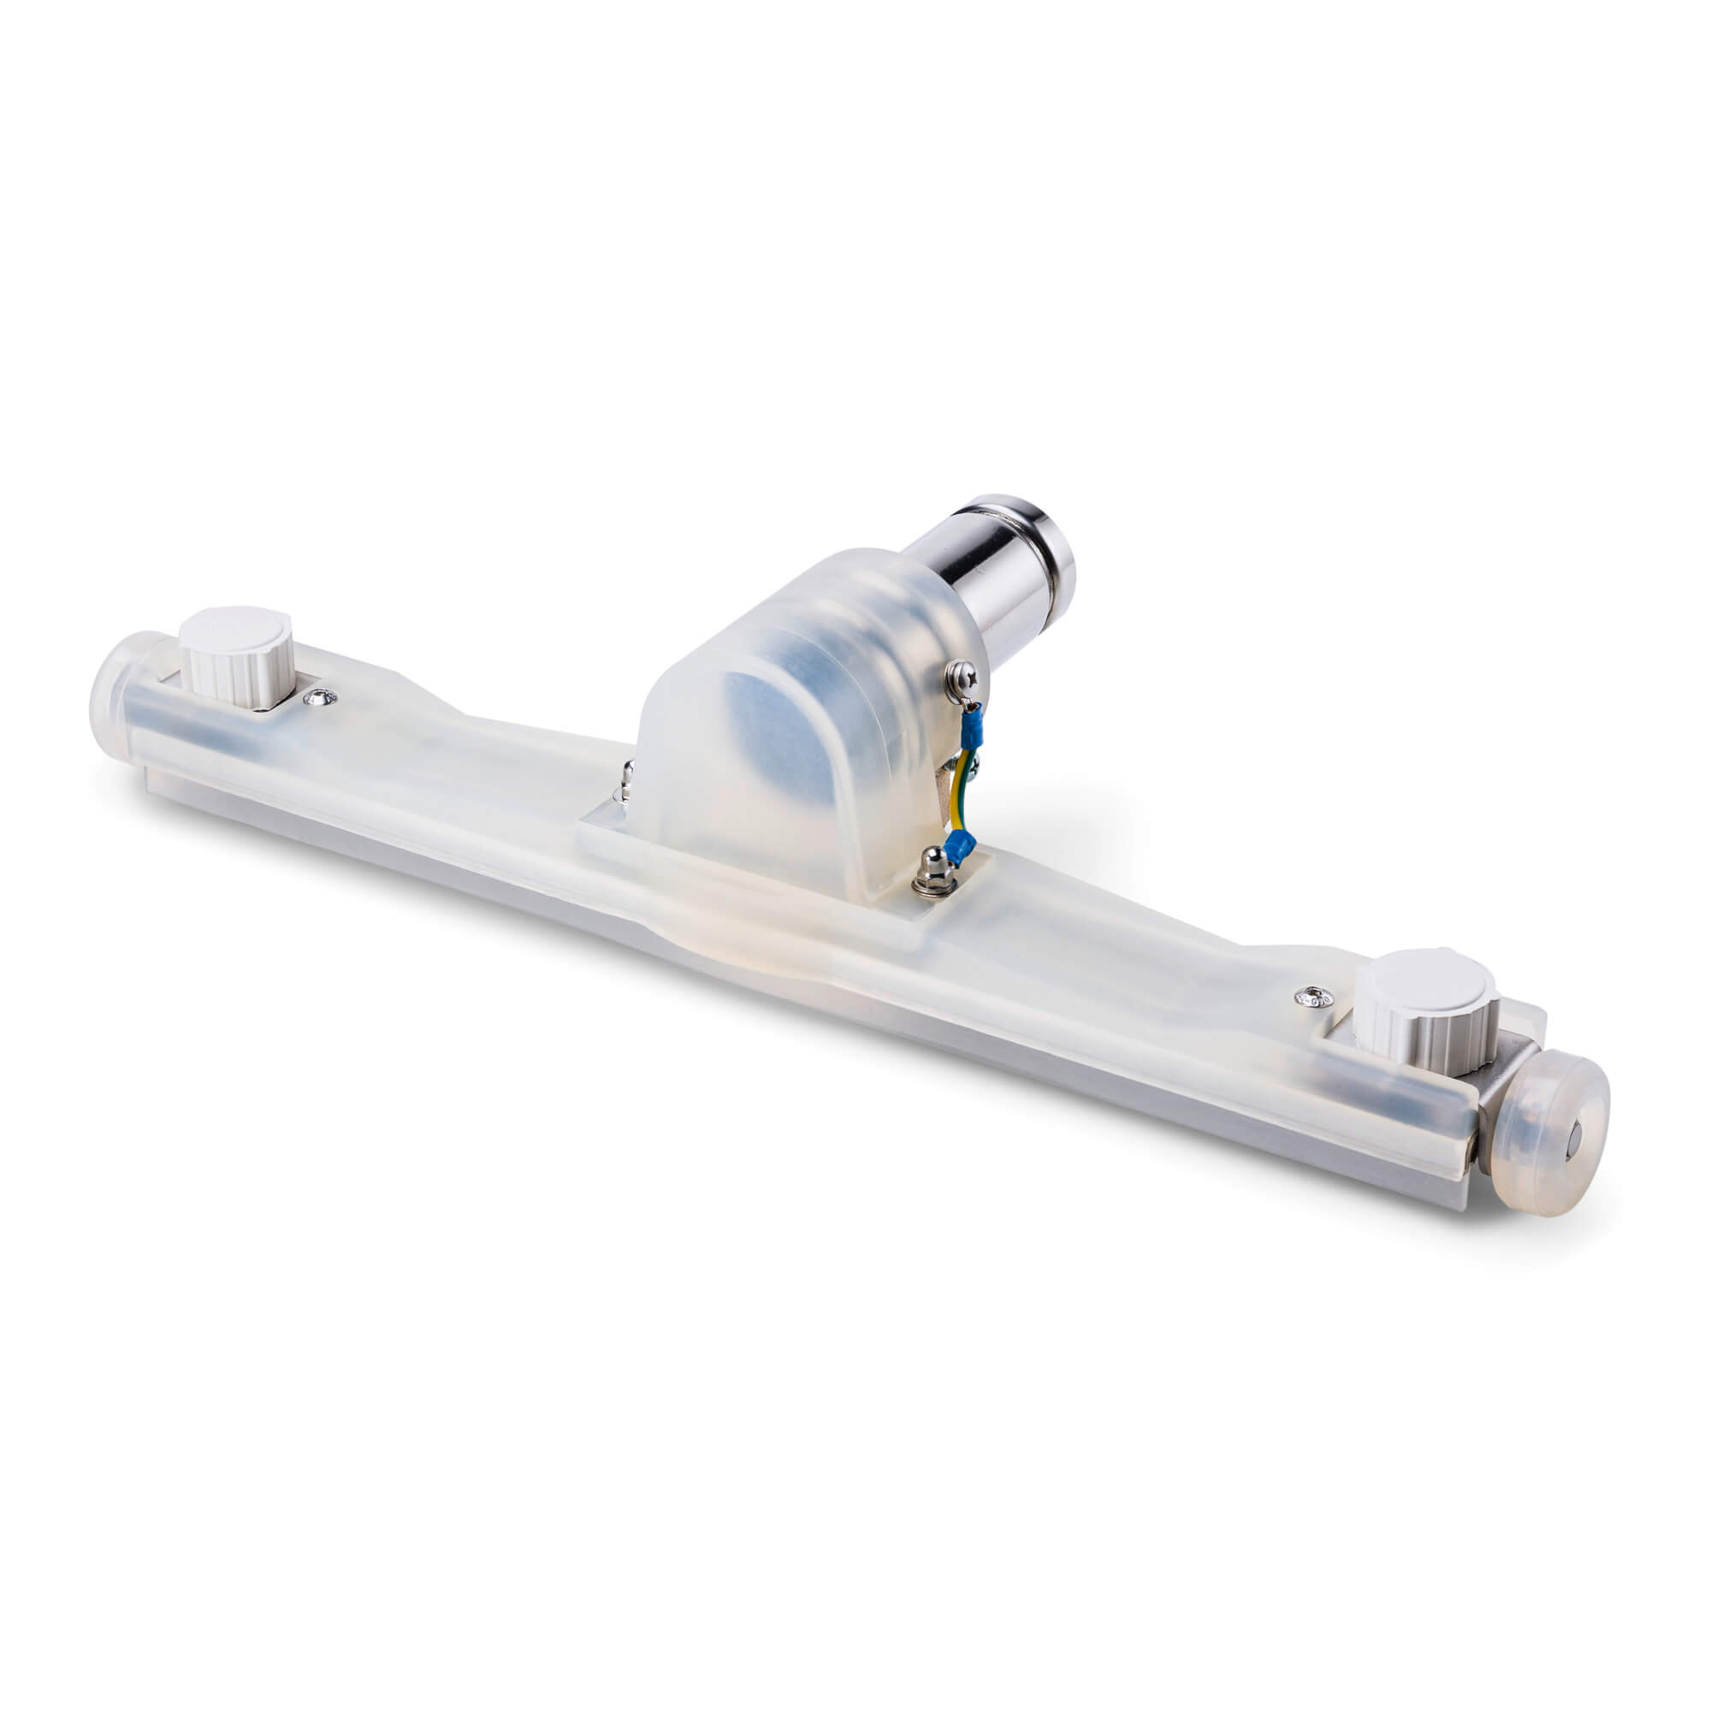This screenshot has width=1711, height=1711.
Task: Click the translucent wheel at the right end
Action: tap(1550, 1133)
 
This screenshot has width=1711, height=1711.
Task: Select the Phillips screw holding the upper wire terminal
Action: tap(962, 678)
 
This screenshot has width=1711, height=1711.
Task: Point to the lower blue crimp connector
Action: tap(959, 847)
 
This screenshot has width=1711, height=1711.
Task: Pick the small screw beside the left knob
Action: tap(319, 700)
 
